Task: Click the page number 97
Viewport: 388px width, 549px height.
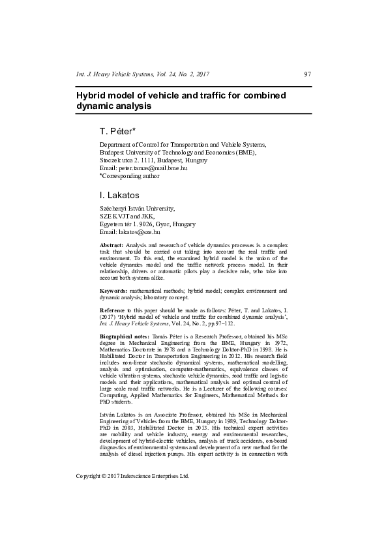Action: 307,74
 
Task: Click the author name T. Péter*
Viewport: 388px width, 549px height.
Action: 117,131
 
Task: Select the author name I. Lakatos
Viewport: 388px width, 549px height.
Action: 119,195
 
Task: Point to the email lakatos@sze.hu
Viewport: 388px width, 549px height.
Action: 139,231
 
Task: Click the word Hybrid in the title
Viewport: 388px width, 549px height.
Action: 92,95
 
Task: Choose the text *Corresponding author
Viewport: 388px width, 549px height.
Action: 128,176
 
